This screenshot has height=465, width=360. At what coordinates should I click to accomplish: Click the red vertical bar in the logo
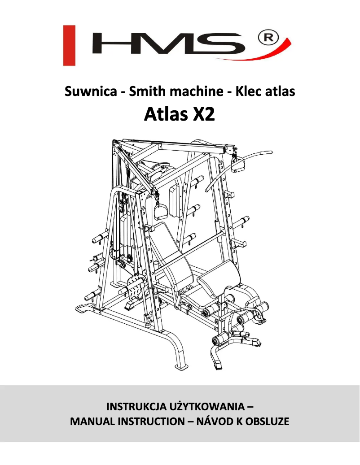click(69, 45)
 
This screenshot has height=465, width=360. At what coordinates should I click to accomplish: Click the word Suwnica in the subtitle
click(91, 91)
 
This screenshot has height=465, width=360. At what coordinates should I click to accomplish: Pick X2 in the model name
click(204, 114)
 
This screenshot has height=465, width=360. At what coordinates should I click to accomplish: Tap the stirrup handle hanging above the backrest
click(161, 209)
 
